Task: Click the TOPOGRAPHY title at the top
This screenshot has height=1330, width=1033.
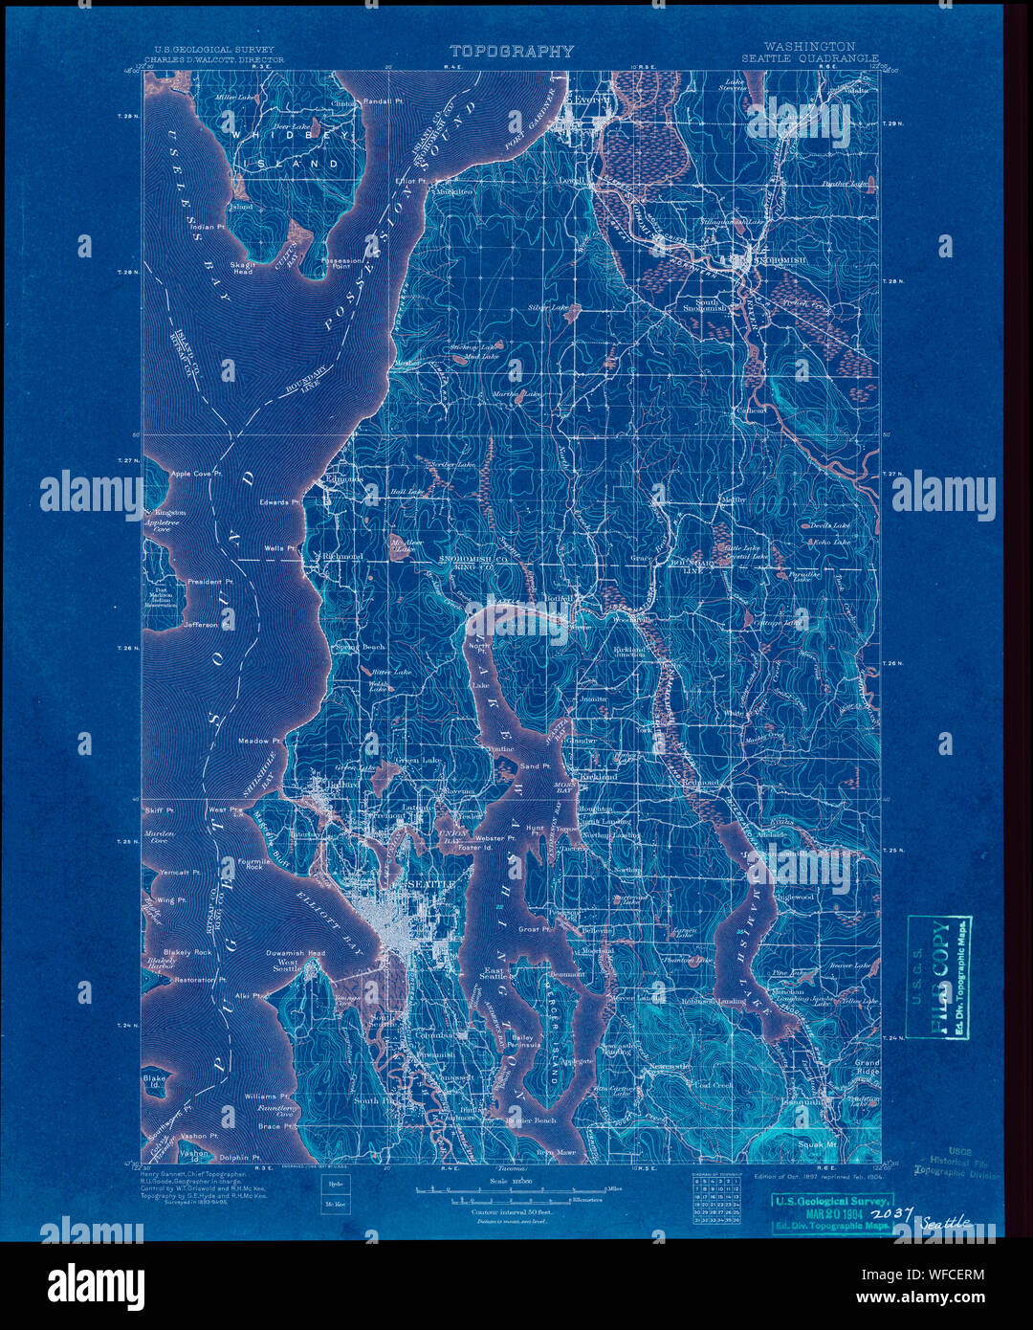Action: tap(512, 52)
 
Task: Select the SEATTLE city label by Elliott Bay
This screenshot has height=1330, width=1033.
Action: tap(429, 885)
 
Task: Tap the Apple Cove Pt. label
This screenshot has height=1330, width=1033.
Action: tap(196, 474)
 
